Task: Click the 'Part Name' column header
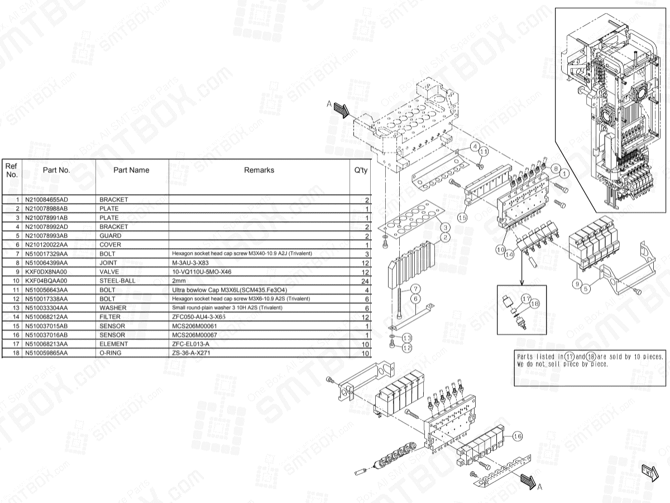pyautogui.click(x=131, y=170)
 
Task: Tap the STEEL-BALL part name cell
pyautogui.click(x=117, y=281)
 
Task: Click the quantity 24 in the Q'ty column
pyautogui.click(x=366, y=281)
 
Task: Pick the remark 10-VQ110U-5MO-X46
pyautogui.click(x=202, y=272)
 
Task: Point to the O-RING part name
pyautogui.click(x=112, y=353)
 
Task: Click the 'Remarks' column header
pyautogui.click(x=259, y=170)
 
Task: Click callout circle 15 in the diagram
pyautogui.click(x=462, y=217)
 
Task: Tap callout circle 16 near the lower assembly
pyautogui.click(x=517, y=436)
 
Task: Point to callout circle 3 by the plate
pyautogui.click(x=445, y=228)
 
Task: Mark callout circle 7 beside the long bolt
pyautogui.click(x=415, y=289)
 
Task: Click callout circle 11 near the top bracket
pyautogui.click(x=484, y=151)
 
